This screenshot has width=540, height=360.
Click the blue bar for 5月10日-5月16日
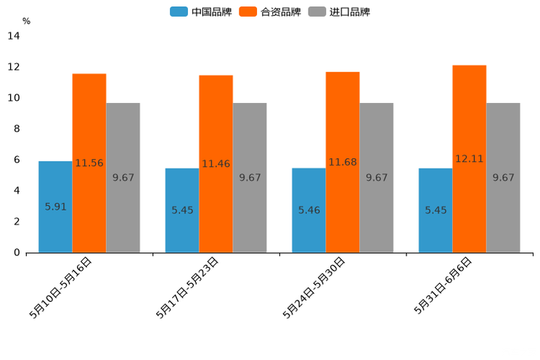[x=55, y=207]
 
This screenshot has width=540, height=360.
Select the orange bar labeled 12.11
[x=469, y=159]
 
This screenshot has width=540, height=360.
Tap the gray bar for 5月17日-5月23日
[x=250, y=178]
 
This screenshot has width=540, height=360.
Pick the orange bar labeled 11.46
[x=216, y=164]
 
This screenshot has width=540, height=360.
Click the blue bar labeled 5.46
[x=308, y=210]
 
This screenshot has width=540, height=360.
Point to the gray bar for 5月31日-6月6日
[x=503, y=178]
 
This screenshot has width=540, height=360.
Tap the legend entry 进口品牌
[x=349, y=12]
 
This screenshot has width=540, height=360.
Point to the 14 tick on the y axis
[x=14, y=36]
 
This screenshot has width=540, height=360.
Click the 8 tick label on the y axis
[x=17, y=129]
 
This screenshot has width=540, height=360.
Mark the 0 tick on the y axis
[x=17, y=253]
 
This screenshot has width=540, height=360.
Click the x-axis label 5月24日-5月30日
[x=314, y=287]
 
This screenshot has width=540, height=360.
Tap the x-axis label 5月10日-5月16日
[x=61, y=287]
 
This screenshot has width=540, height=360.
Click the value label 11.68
[x=343, y=162]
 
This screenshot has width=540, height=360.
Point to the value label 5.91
[x=55, y=207]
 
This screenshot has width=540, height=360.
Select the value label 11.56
[x=89, y=163]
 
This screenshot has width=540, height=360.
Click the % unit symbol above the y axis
[x=26, y=22]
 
